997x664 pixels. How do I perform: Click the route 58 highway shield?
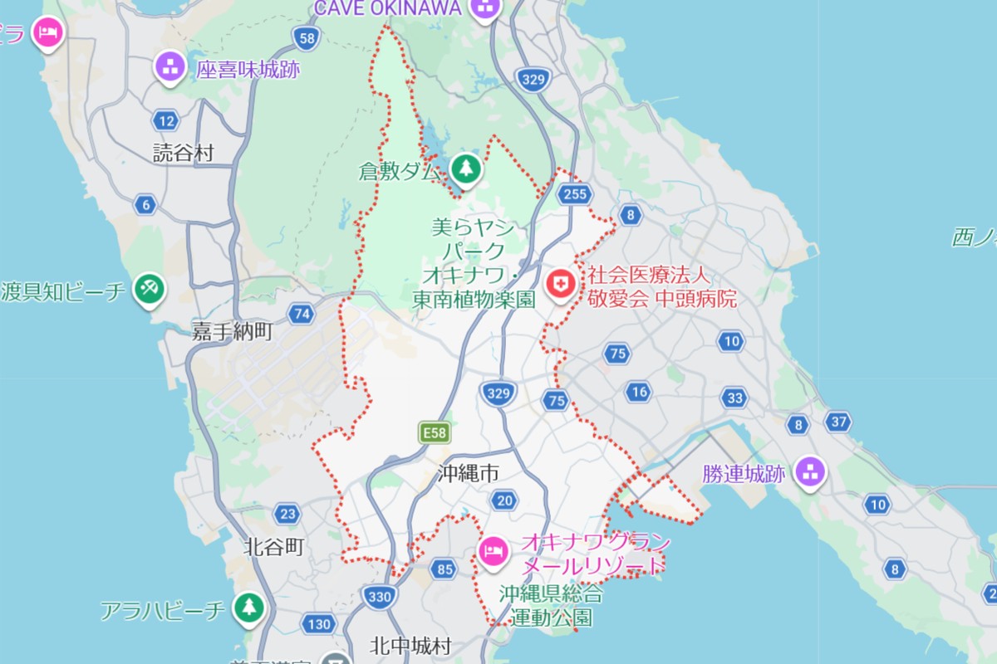point(306,37)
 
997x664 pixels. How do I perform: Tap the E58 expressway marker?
point(434,432)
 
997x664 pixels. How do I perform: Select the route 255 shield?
point(574,194)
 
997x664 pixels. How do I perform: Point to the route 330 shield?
point(377,595)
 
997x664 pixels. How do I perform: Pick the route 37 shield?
point(838,422)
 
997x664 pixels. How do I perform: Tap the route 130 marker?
point(319,623)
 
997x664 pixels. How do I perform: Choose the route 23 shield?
point(287,514)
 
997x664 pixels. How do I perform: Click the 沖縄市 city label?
point(469,474)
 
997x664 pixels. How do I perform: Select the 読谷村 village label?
point(184,153)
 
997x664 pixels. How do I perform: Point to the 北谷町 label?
point(274,547)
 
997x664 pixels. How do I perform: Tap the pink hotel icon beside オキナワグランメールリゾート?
point(494,549)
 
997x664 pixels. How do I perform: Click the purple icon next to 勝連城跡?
point(809,472)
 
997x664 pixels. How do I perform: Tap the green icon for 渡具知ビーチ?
point(150,289)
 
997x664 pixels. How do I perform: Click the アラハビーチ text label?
point(162,612)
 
